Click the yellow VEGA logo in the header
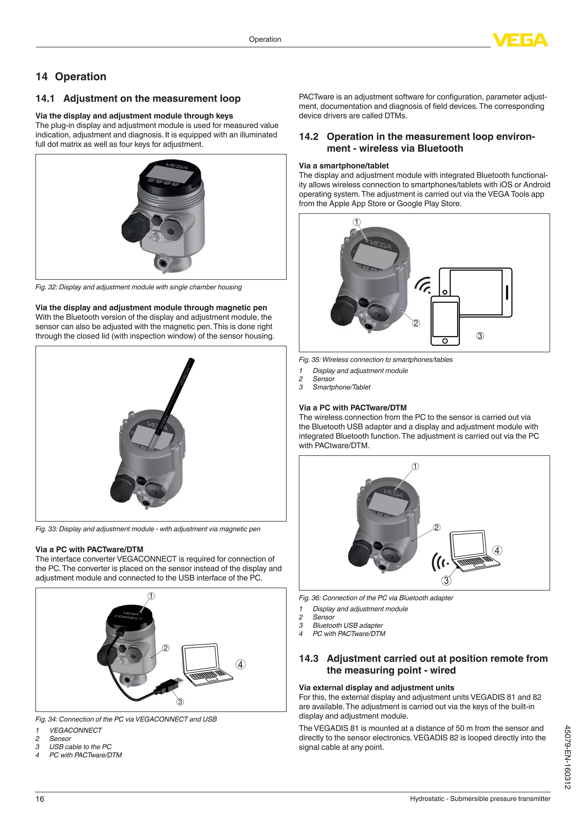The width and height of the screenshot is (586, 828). [x=520, y=40]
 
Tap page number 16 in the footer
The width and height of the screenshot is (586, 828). [x=40, y=799]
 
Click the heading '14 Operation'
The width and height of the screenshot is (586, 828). [x=71, y=77]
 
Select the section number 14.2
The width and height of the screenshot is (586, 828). [x=308, y=137]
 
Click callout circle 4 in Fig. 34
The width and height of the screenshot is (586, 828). [x=241, y=664]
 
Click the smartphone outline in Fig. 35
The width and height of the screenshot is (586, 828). [x=445, y=320]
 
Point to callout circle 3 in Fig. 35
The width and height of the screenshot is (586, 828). [x=480, y=336]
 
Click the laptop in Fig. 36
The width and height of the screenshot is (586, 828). [x=474, y=552]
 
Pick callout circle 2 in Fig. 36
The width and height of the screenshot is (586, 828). [x=437, y=528]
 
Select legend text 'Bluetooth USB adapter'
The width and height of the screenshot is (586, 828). [x=347, y=625]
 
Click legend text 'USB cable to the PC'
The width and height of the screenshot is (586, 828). [x=80, y=747]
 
